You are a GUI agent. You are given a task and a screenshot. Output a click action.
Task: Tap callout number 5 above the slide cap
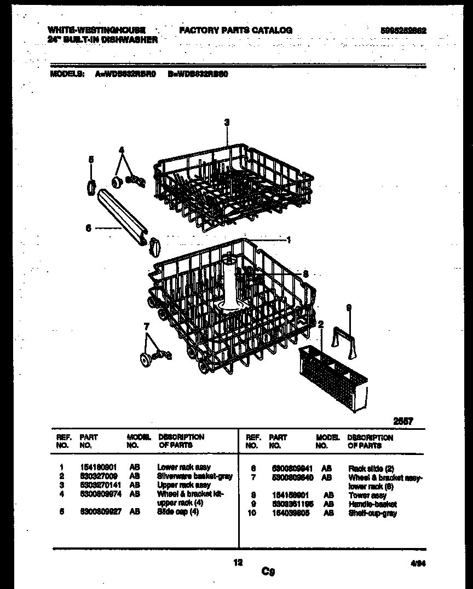tap(91, 160)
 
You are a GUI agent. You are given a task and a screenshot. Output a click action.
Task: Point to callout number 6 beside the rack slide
tap(88, 229)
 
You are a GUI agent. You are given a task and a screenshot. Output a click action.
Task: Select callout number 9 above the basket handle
tap(348, 308)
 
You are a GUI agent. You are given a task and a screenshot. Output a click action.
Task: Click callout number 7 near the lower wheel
tap(146, 326)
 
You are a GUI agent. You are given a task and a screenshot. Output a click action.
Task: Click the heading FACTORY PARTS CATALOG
tap(235, 31)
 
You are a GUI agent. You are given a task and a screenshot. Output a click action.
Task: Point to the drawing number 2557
tap(403, 421)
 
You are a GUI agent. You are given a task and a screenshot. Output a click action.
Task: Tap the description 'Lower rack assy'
tap(183, 468)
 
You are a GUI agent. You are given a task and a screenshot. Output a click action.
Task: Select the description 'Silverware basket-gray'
tap(194, 476)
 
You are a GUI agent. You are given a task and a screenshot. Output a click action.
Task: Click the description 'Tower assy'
tap(367, 495)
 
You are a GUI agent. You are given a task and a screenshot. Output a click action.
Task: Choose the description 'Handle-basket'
tap(372, 504)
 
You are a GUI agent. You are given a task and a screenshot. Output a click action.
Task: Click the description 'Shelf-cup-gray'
tap(372, 513)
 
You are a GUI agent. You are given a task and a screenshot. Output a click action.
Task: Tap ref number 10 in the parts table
tap(251, 513)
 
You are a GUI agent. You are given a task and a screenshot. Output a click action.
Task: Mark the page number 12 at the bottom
tap(238, 562)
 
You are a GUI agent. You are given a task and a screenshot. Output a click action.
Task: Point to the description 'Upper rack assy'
tap(183, 485)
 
